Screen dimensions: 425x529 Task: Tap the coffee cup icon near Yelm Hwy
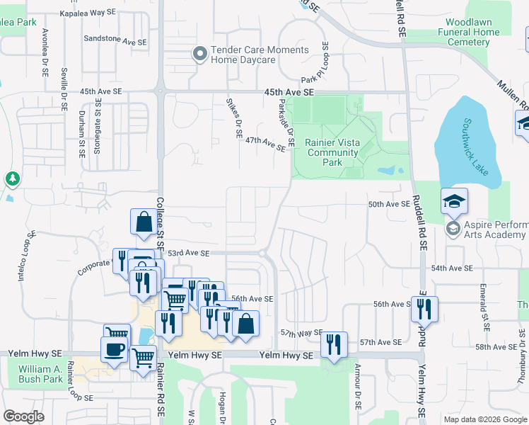pyautogui.click(x=115, y=348)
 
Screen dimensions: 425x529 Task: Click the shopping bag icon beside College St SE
pyautogui.click(x=144, y=222)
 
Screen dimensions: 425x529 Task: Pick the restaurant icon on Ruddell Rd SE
pyautogui.click(x=424, y=308)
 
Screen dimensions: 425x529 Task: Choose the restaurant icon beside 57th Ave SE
pyautogui.click(x=335, y=344)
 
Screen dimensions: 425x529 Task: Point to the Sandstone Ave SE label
pyautogui.click(x=115, y=42)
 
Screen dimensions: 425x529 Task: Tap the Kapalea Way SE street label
pyautogui.click(x=88, y=13)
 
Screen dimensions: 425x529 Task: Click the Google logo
pyautogui.click(x=24, y=417)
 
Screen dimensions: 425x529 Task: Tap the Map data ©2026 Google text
pyautogui.click(x=484, y=419)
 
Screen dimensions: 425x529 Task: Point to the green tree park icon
pyautogui.click(x=12, y=179)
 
